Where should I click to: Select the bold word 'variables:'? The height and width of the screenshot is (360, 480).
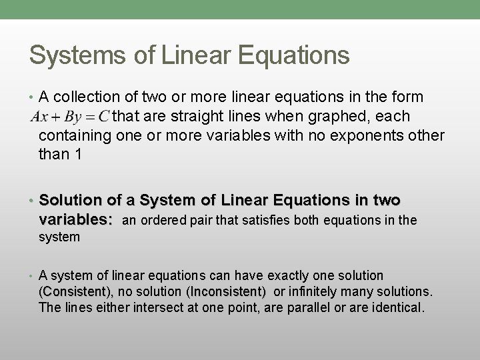pyautogui.click(x=75, y=219)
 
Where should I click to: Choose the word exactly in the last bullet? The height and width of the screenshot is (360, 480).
pyautogui.click(x=298, y=275)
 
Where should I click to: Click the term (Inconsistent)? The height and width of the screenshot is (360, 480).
pyautogui.click(x=227, y=292)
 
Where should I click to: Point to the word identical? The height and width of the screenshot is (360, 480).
pyautogui.click(x=395, y=308)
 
